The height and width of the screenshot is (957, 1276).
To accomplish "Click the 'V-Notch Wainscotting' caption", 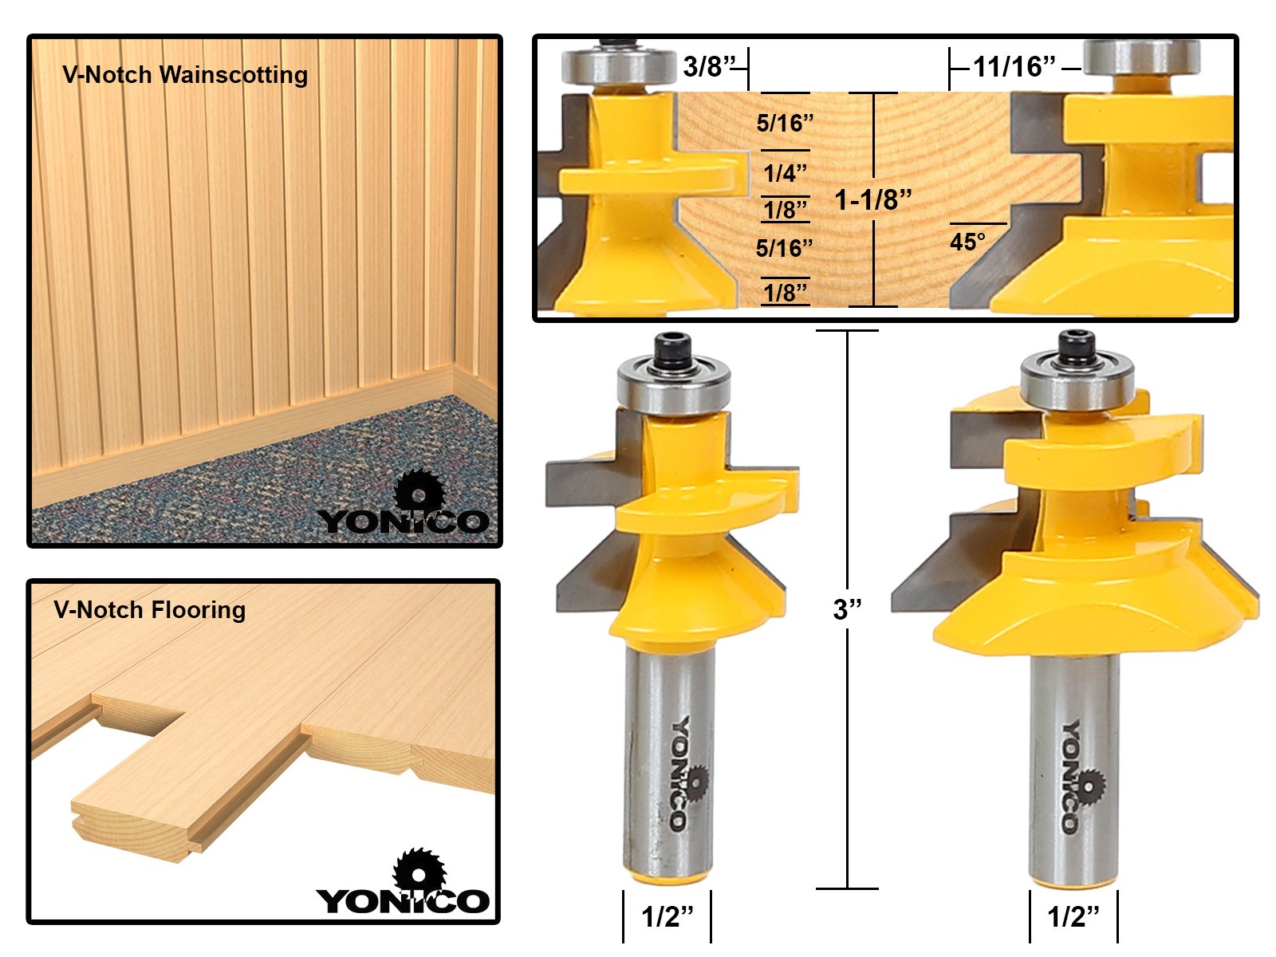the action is (185, 75).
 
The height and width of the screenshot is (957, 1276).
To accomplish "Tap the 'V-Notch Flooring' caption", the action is (149, 610).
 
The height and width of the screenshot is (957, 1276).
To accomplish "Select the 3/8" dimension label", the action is (710, 66).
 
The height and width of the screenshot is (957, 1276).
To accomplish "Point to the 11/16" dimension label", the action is (1014, 67).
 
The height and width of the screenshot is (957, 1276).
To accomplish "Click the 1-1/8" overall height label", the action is (873, 200).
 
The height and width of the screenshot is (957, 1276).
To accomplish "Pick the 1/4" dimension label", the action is (785, 173).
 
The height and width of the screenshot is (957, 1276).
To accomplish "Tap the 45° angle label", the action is (968, 242).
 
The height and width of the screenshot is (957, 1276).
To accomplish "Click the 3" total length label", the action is (847, 609).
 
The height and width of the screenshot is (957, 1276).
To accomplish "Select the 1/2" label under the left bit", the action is (668, 916).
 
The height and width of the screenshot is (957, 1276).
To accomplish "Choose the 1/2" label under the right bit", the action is (1073, 916).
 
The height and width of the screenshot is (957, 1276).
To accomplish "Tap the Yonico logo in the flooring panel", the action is (402, 881).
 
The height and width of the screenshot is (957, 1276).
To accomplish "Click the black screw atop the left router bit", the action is (672, 350).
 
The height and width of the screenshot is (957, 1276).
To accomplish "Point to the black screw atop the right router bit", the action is (1077, 348).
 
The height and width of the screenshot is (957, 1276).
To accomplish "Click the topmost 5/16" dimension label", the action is (785, 123).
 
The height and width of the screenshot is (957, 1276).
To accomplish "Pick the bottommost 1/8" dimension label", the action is (786, 292).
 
